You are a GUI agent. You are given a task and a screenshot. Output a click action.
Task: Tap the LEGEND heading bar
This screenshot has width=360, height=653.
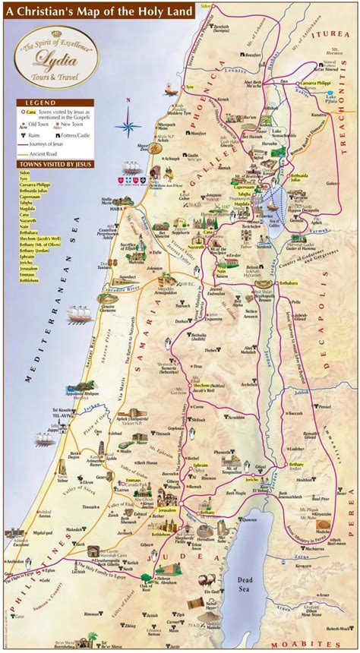50,102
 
